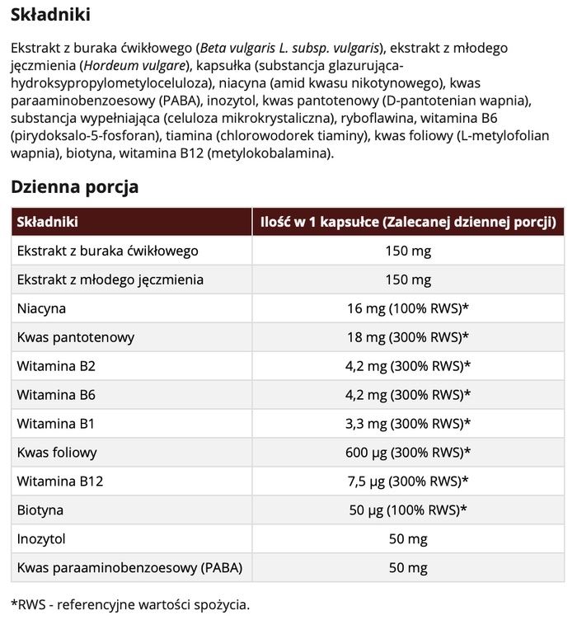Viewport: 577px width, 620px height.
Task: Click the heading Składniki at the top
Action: coord(50,15)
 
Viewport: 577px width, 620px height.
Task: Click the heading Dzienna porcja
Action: coord(74,186)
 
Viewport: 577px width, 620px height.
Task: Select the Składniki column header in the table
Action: coord(47,222)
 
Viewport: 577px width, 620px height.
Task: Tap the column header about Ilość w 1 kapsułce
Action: coord(408,222)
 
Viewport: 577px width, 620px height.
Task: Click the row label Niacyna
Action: coord(41,308)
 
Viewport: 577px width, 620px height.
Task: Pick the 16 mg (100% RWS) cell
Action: coord(408,308)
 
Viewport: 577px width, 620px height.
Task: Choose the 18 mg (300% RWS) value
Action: coord(408,337)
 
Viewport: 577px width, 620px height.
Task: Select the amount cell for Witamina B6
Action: coord(408,395)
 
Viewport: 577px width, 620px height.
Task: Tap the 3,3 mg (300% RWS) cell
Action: coord(408,424)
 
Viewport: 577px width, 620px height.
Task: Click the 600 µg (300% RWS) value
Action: coord(408,453)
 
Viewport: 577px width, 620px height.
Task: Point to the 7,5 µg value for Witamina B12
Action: coord(408,481)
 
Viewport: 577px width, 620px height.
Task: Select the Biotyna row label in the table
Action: coord(40,510)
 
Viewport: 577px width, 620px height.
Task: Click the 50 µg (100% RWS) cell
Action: coord(408,510)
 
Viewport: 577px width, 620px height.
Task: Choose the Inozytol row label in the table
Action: coord(41,539)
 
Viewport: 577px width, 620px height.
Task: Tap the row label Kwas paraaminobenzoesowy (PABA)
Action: coord(124,568)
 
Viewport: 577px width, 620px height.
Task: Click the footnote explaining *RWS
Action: coord(129,604)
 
